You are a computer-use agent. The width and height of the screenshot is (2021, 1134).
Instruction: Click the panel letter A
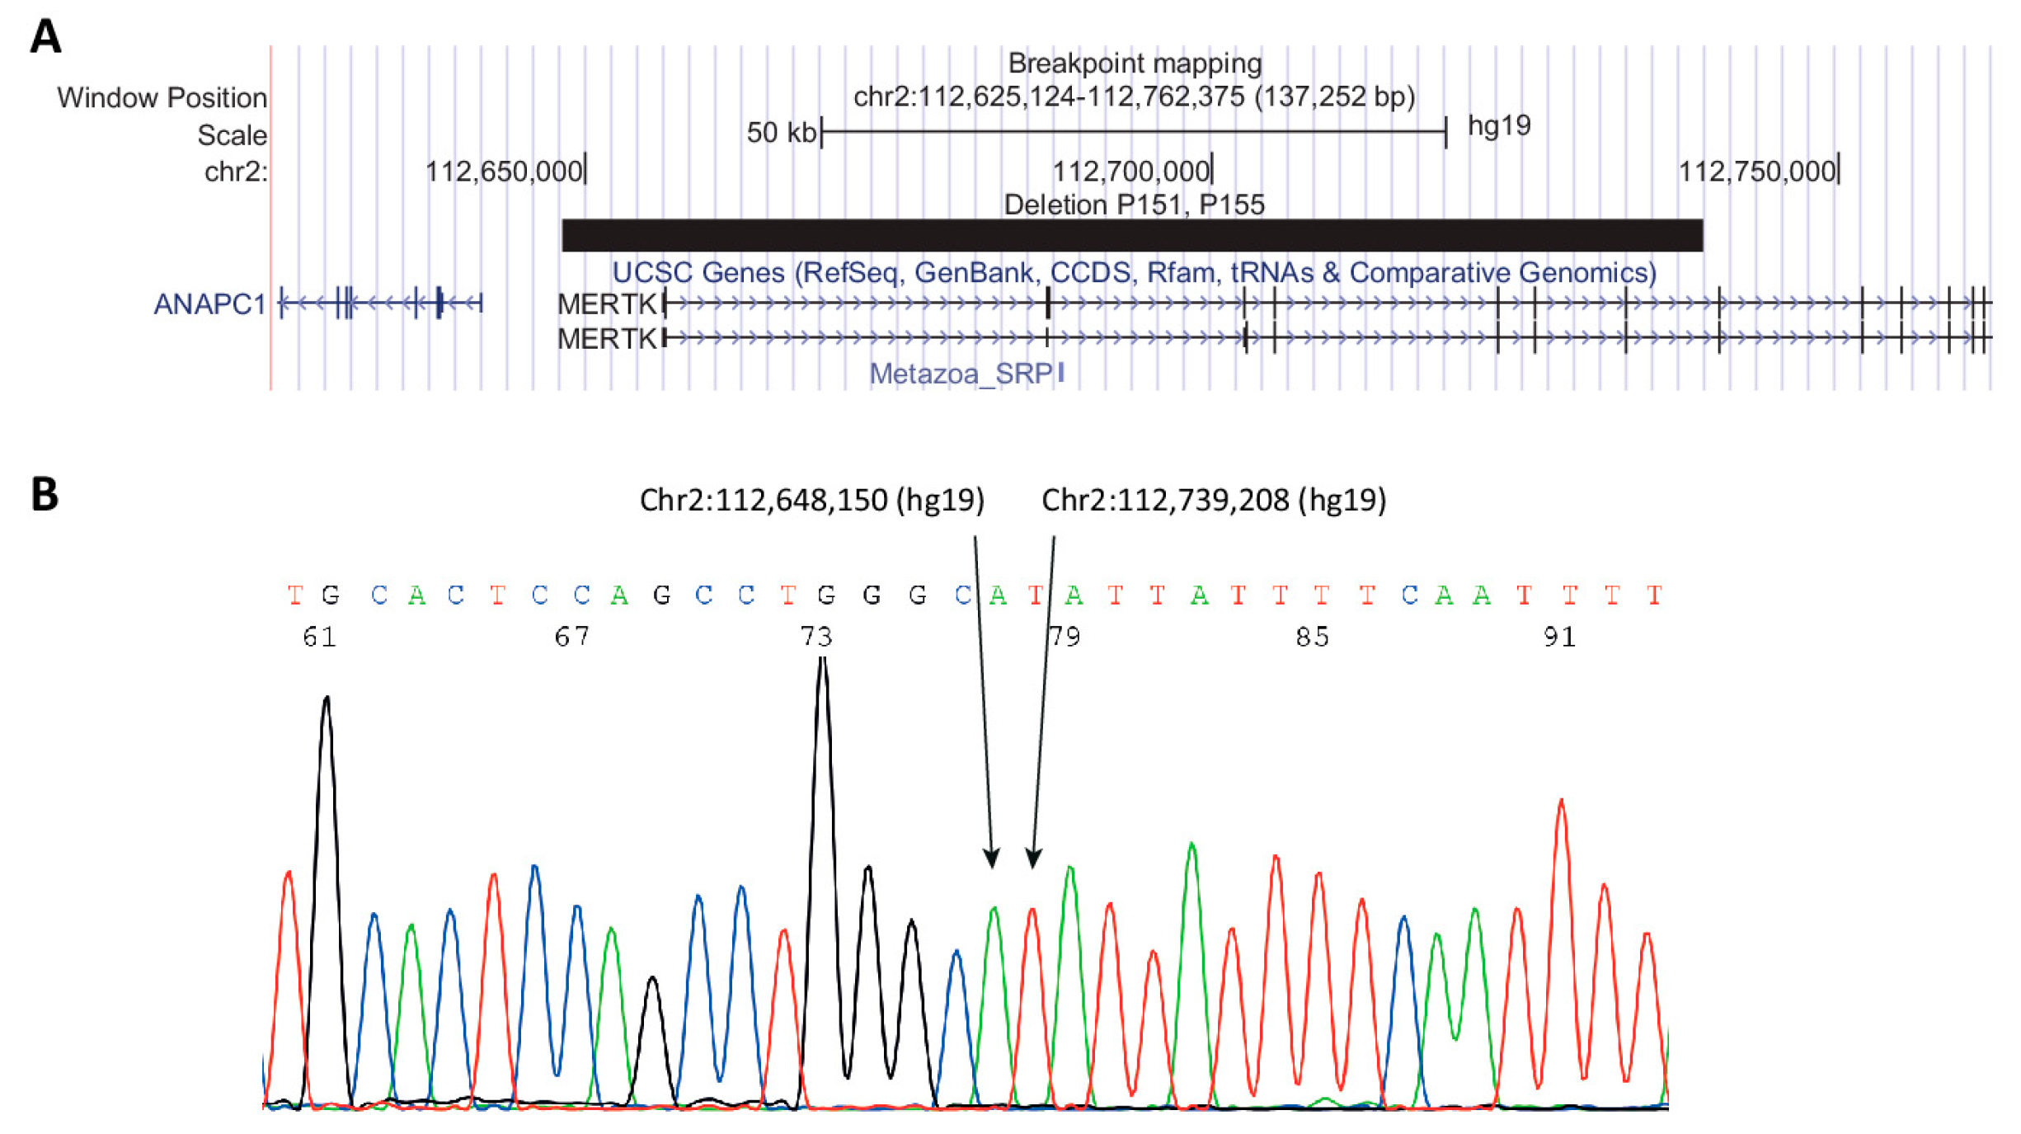click(x=45, y=37)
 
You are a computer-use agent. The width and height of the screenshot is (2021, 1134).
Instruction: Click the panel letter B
click(x=45, y=495)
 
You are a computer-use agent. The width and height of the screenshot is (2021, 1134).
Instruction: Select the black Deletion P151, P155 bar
click(x=1131, y=235)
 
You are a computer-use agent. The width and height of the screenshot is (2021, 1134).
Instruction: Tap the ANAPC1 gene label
click(x=209, y=304)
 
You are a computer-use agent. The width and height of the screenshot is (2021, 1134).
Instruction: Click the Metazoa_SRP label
click(x=961, y=374)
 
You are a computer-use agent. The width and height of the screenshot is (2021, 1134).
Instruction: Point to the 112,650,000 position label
click(x=503, y=172)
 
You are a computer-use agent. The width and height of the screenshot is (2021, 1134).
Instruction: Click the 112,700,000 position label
click(x=1130, y=172)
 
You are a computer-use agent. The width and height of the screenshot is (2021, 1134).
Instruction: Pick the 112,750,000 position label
click(x=1756, y=172)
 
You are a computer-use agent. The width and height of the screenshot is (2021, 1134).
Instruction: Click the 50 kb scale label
click(x=780, y=133)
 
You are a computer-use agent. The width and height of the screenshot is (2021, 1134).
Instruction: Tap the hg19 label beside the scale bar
click(x=1498, y=125)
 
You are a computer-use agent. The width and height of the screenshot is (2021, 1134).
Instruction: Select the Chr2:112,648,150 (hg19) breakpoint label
click(x=811, y=500)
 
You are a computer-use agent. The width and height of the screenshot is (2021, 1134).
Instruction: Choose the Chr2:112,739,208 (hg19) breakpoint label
click(x=1214, y=500)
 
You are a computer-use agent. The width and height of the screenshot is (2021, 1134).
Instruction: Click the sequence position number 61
click(x=320, y=637)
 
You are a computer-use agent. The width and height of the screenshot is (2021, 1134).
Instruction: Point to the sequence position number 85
click(x=1312, y=637)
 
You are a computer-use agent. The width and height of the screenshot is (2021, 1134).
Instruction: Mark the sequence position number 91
click(x=1559, y=637)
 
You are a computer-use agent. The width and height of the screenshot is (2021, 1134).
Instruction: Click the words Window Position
click(x=162, y=98)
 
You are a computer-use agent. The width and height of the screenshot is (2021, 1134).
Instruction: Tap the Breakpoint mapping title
click(x=1135, y=64)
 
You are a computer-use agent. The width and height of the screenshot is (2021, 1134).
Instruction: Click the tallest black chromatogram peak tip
click(x=822, y=660)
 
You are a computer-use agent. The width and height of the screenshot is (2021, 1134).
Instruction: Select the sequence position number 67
click(x=571, y=637)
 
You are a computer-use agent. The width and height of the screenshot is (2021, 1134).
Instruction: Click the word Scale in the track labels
click(x=232, y=135)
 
